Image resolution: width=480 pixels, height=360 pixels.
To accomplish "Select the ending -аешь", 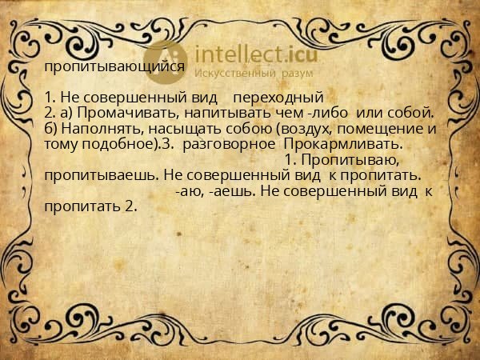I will [229, 191].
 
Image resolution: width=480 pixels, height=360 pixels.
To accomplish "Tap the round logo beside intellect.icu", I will [166, 60].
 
